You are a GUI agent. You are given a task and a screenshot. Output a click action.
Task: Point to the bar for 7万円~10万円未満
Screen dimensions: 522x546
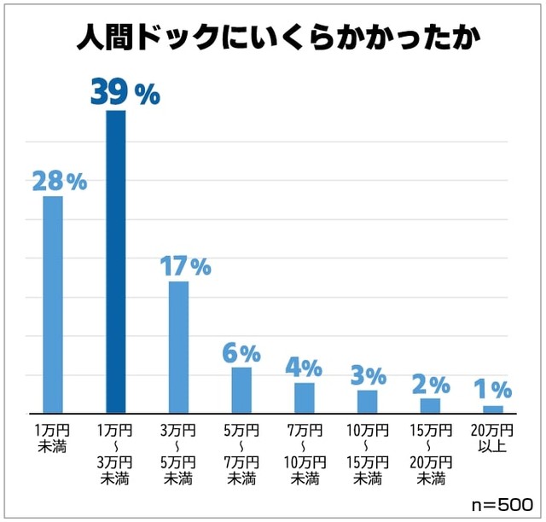[x=305, y=397]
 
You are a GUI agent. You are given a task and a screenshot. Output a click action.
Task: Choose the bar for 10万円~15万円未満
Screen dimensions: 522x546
[x=367, y=402]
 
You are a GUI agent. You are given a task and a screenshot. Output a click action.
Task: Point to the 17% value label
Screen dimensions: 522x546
[x=185, y=266]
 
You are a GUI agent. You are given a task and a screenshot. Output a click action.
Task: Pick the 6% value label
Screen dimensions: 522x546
[x=241, y=352]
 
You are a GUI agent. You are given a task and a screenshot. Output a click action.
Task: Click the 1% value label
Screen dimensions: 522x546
[x=493, y=389]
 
